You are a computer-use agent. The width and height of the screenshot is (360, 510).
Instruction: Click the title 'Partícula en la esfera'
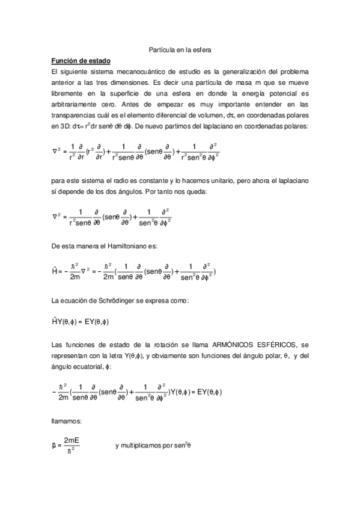tap(180, 52)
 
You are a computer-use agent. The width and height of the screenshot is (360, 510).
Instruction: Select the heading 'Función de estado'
tap(80, 61)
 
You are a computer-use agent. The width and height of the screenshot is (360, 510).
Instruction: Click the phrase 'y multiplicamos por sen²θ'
tap(153, 446)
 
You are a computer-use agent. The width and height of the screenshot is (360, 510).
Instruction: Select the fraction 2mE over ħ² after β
tap(72, 446)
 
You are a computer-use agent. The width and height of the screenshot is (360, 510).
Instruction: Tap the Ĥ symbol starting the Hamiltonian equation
tap(55, 271)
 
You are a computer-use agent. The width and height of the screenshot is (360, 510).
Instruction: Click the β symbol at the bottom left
tap(55, 446)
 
